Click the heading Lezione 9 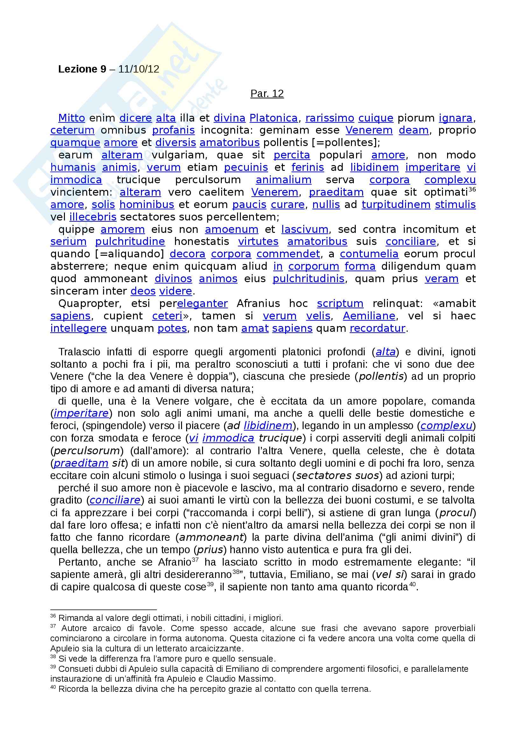click(82, 69)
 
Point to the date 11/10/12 click(139, 69)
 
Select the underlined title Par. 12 click(267, 93)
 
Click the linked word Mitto click(72, 118)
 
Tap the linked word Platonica click(274, 118)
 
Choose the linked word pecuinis click(246, 167)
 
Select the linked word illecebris click(93, 217)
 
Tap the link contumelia click(369, 254)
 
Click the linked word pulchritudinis click(309, 279)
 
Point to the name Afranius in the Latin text click(258, 303)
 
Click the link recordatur click(378, 328)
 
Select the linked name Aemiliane click(369, 316)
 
